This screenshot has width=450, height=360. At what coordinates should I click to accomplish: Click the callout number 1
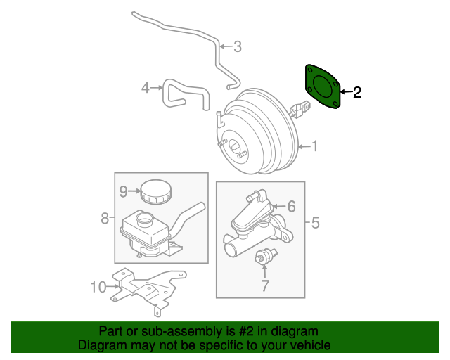[315, 146]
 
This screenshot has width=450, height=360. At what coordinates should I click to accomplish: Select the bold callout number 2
[357, 92]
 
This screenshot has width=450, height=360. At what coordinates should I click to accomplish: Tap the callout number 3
[237, 47]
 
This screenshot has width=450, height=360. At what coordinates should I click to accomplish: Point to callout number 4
[146, 88]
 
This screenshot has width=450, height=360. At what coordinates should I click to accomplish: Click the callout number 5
[315, 224]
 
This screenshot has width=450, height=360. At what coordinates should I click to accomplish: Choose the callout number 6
[291, 207]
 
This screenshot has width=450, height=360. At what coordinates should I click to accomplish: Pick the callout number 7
[264, 286]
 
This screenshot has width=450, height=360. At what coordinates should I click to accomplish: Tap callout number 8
[105, 218]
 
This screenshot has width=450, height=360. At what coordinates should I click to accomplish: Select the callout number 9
[122, 191]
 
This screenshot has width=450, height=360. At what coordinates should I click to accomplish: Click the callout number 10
[97, 286]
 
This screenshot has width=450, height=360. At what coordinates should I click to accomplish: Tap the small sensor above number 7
[266, 257]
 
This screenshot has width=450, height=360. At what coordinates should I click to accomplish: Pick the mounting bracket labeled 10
[144, 288]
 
